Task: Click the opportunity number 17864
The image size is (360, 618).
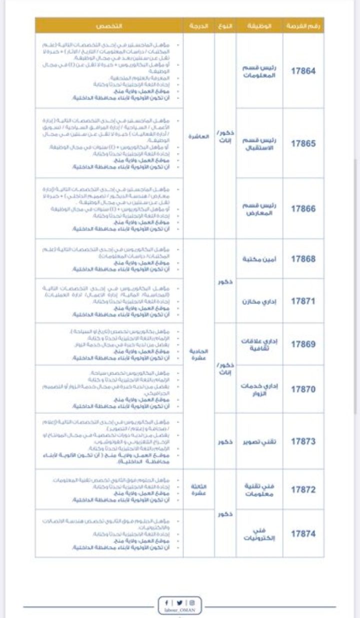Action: pos(303,71)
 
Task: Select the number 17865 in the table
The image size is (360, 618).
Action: pos(303,143)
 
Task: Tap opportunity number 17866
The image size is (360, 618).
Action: pos(303,209)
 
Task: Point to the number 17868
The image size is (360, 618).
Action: pos(303,258)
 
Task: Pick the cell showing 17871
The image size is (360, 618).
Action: pos(303,301)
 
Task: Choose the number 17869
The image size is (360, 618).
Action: pos(303,344)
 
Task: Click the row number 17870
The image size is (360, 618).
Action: pos(303,388)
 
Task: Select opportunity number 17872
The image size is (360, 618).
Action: pos(303,489)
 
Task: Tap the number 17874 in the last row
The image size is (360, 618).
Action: pos(303,533)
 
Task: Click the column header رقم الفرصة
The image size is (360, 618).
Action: pos(303,25)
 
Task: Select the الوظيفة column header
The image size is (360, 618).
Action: pos(260,25)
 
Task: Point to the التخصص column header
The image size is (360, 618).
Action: pos(109,25)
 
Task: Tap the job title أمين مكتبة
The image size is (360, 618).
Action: pos(260,258)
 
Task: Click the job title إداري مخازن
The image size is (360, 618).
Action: pos(260,301)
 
